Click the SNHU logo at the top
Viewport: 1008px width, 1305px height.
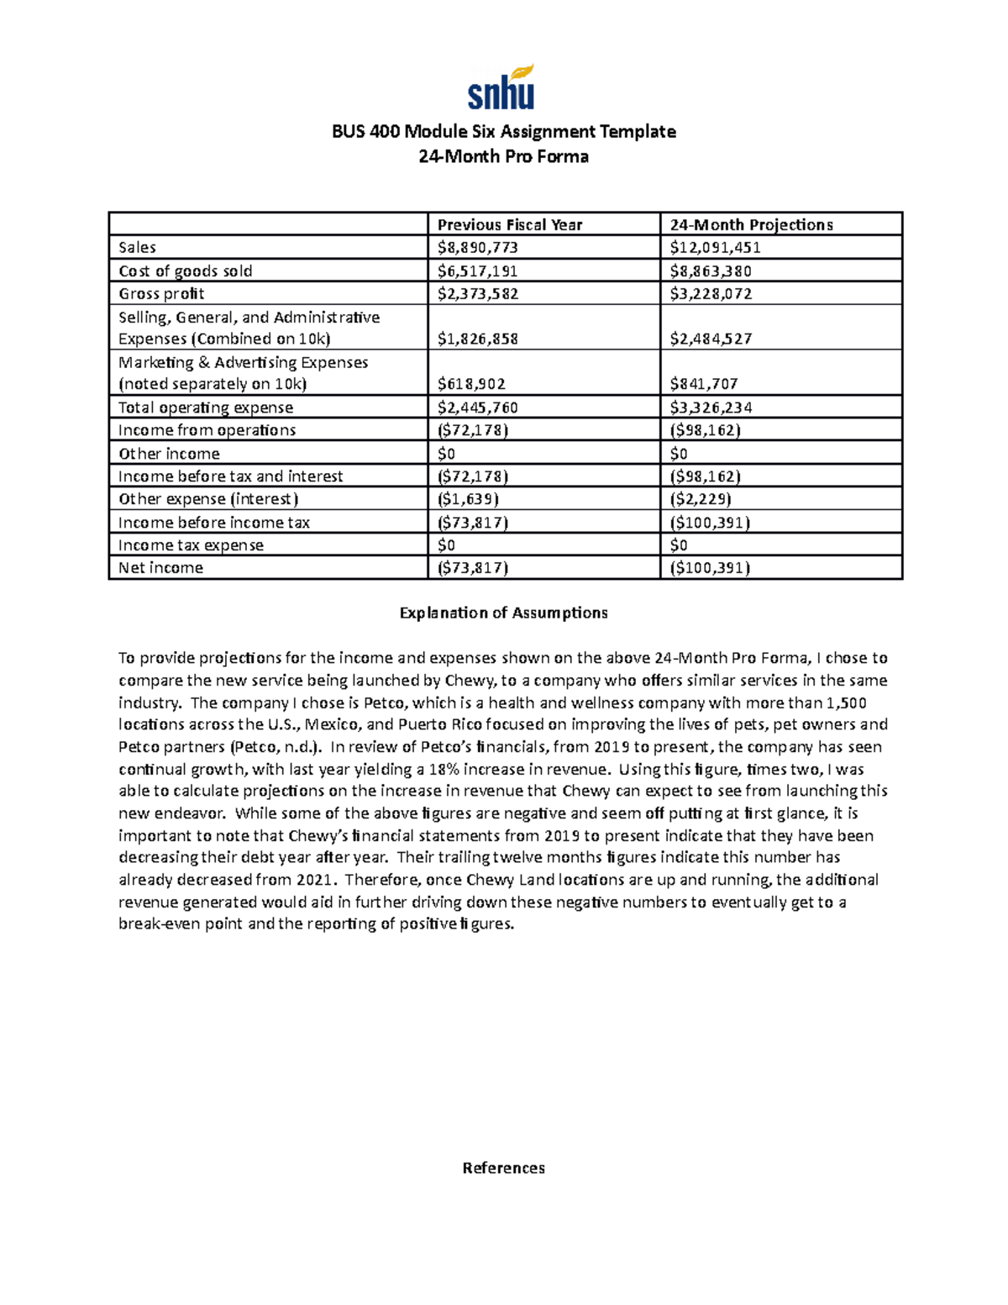[x=501, y=87]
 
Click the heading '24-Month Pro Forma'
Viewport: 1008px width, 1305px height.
[x=503, y=156]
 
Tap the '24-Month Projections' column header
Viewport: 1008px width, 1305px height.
[x=751, y=224]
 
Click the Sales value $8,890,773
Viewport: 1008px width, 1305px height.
[x=477, y=247]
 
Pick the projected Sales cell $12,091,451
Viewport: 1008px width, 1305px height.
[x=715, y=247]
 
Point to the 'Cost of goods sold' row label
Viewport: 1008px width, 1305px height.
[x=186, y=271]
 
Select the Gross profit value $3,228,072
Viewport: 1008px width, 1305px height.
[x=711, y=293]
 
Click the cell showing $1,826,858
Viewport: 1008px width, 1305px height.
[x=477, y=339]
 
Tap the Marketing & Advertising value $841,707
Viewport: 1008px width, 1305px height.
[x=704, y=384]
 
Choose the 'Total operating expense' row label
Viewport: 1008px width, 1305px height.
[x=206, y=408]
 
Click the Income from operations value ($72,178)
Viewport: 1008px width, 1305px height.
[x=473, y=430]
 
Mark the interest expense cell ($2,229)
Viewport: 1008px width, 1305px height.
[x=701, y=499]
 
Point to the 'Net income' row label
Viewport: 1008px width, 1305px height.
[x=160, y=568]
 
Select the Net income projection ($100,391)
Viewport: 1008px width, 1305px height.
[x=710, y=568]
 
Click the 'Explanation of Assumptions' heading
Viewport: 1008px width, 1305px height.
[x=503, y=613]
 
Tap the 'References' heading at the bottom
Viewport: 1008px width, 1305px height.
[x=503, y=1168]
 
